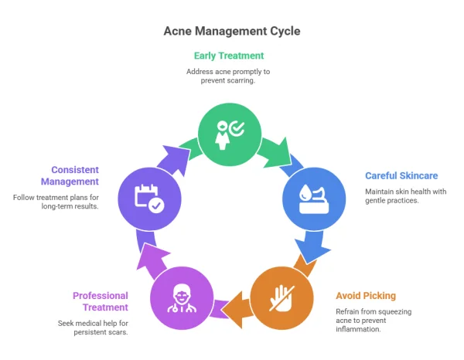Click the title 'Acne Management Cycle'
tap(232, 31)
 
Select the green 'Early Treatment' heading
tap(228, 56)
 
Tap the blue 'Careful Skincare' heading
tap(401, 176)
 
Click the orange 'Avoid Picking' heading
tap(366, 295)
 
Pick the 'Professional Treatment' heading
tap(101, 301)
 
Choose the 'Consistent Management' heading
tap(75, 175)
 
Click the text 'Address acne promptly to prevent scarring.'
tap(228, 76)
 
